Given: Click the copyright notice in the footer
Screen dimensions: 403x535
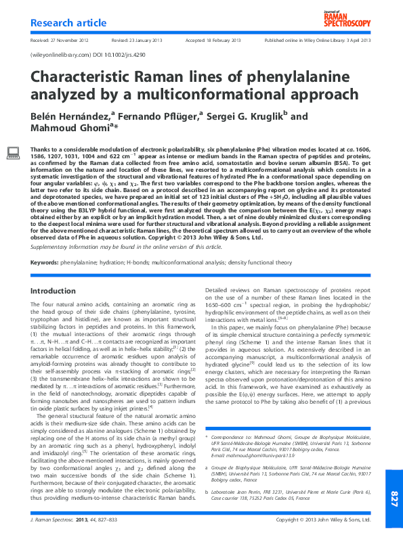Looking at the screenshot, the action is pyautogui.click(x=324, y=520).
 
